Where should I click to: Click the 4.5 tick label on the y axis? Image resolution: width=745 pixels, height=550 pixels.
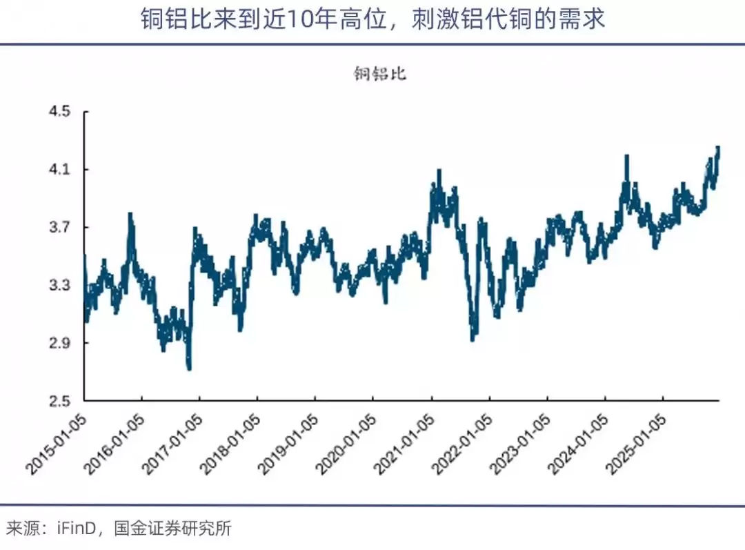pos(59,112)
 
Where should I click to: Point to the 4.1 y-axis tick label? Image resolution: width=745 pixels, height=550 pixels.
pos(59,169)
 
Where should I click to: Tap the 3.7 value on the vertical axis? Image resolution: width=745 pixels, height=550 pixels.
pos(59,227)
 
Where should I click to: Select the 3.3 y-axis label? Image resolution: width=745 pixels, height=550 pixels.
pos(59,285)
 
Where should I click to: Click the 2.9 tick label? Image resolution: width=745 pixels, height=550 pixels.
pos(59,343)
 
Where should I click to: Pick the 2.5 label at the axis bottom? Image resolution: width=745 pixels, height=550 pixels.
pos(59,401)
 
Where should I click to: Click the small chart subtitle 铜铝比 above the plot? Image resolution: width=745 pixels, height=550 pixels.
pos(379,74)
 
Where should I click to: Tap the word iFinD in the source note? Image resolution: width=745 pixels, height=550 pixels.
pos(77,528)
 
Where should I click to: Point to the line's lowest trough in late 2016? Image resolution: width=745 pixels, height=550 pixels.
pos(189,368)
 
